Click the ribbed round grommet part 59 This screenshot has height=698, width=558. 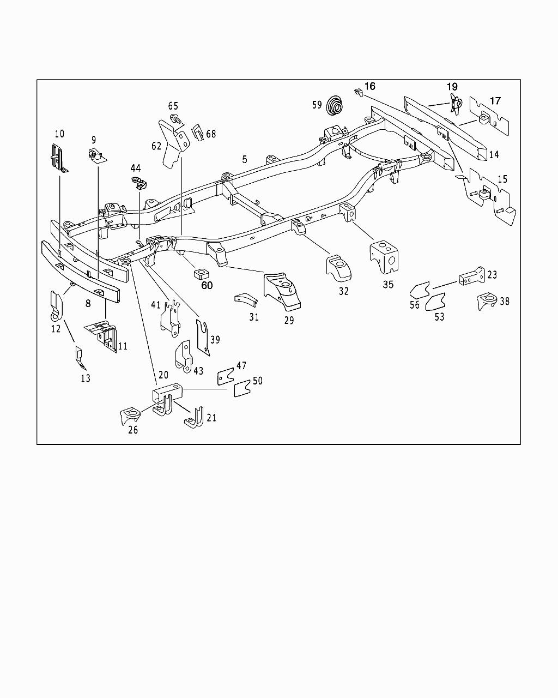click(x=336, y=105)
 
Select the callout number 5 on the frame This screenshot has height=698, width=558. click(x=245, y=159)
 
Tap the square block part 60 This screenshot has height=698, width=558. click(x=201, y=272)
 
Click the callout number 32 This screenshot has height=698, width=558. click(x=343, y=291)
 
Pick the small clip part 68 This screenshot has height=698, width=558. click(x=198, y=132)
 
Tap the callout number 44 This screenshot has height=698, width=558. click(x=135, y=168)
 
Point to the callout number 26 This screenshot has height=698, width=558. click(x=133, y=430)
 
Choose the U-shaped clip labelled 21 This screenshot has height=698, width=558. click(x=195, y=417)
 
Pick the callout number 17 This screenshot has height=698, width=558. click(x=495, y=101)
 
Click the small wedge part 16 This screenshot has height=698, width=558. click(x=357, y=92)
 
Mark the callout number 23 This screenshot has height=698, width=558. click(x=492, y=275)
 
